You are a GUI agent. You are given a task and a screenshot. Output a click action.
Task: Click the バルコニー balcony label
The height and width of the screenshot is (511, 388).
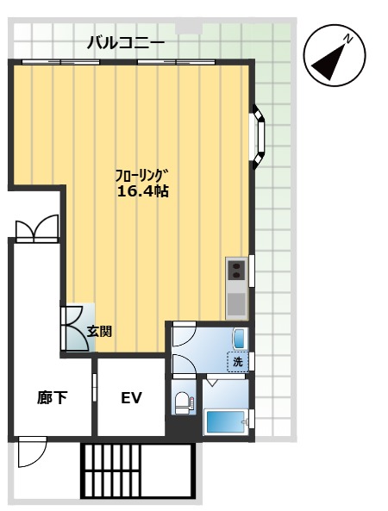click(126, 43)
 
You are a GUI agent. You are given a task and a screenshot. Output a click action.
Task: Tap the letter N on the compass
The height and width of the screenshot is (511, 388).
click(348, 39)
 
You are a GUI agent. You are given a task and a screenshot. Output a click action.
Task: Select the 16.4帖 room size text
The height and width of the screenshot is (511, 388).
click(143, 191)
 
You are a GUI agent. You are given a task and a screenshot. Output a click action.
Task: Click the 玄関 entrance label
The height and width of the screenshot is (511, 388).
click(99, 332)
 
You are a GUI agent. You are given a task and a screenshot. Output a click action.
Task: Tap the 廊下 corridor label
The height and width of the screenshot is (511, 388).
click(53, 398)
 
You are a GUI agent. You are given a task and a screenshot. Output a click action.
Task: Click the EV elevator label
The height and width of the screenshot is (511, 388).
click(131, 398)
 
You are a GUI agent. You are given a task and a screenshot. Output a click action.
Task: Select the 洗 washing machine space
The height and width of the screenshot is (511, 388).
click(238, 362)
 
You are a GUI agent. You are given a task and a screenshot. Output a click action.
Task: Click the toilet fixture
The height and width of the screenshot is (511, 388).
click(184, 403)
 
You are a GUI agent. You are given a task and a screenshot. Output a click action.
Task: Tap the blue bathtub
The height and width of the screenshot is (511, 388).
click(226, 423)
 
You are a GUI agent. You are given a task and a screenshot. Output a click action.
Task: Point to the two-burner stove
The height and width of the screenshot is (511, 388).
click(236, 271)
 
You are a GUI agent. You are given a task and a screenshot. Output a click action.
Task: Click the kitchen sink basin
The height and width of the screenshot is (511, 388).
click(236, 304)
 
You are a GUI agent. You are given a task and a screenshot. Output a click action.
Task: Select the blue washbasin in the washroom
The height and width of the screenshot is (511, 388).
click(240, 339)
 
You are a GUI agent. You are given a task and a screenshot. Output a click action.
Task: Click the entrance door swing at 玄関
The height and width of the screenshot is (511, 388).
click(75, 327)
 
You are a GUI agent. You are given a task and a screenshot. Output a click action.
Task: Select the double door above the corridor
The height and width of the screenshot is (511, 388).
click(36, 228)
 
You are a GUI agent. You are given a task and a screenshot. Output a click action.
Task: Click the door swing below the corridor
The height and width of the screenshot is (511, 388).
click(33, 452)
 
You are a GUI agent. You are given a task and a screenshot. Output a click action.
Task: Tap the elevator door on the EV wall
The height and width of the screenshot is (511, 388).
click(95, 388)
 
